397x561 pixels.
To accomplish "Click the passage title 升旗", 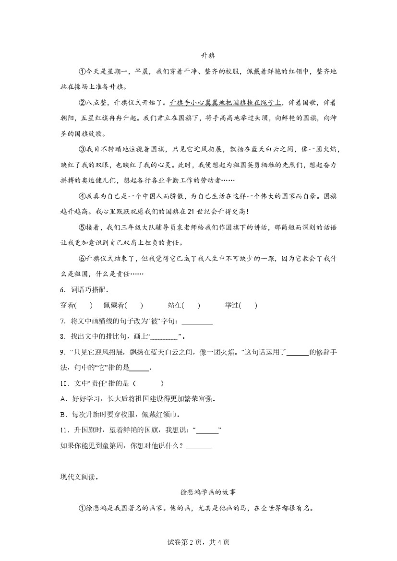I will tap(208, 56).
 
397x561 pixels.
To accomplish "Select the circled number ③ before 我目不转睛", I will tap(82, 149).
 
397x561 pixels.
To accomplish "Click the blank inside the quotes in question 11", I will tap(207, 430).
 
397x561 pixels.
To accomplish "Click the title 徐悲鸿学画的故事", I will tap(208, 492).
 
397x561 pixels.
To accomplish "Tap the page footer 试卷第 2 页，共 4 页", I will tap(198, 542).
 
